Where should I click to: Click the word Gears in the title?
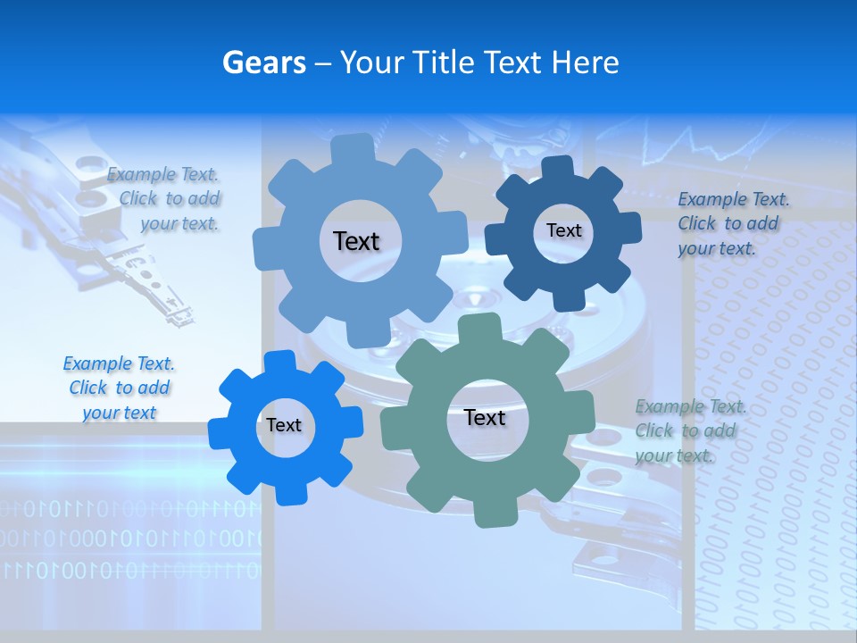point(263,63)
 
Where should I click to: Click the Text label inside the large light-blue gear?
point(356,241)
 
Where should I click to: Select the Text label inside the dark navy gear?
point(563,230)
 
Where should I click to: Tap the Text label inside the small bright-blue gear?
point(283,425)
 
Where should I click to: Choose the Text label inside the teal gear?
point(484,417)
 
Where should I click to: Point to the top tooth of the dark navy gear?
point(559,168)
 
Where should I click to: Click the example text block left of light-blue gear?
point(165,199)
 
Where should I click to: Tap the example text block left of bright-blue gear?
point(119,388)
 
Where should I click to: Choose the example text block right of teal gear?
point(689,430)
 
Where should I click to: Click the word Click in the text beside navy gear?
point(697,223)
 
